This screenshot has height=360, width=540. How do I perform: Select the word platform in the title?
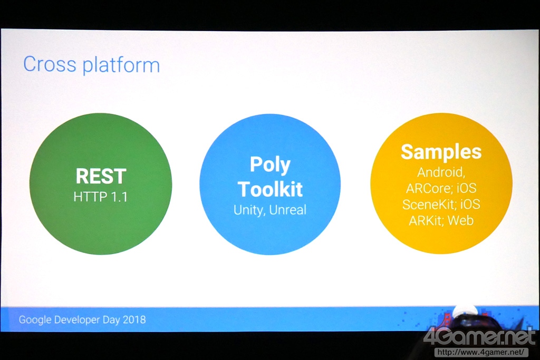pyautogui.click(x=121, y=65)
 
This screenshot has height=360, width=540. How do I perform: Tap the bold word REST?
pyautogui.click(x=101, y=176)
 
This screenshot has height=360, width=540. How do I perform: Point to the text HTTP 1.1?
pyautogui.click(x=101, y=197)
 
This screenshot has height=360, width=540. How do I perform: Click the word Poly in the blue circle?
pyautogui.click(x=271, y=165)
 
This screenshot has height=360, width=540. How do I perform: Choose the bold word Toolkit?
pyautogui.click(x=271, y=189)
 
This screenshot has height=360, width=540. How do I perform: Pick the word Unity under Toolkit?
pyautogui.click(x=249, y=210)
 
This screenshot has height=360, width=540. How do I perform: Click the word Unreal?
pyautogui.click(x=288, y=210)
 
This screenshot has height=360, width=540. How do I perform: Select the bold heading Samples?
pyautogui.click(x=441, y=152)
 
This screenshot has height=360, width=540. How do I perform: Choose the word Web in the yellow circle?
pyautogui.click(x=461, y=220)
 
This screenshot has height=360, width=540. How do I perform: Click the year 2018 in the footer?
pyautogui.click(x=134, y=319)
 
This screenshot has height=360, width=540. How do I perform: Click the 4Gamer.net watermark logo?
pyautogui.click(x=480, y=337)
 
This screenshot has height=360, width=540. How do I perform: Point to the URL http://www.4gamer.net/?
pyautogui.click(x=481, y=352)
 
